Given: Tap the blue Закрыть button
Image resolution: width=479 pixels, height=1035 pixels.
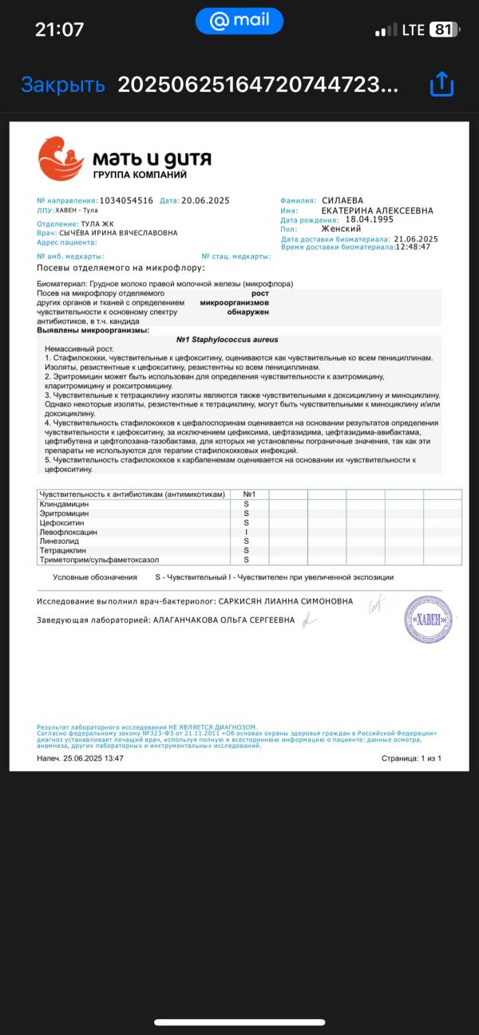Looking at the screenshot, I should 62,85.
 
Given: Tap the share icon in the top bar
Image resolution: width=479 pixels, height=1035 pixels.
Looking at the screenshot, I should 441,85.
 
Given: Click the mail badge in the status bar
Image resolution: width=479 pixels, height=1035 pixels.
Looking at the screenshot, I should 239,22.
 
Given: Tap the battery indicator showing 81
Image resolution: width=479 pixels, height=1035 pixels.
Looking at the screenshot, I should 444,30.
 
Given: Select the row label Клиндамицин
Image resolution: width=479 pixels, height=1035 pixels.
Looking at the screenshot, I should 64,505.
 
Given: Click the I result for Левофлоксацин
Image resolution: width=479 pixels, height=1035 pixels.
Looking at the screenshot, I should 246,532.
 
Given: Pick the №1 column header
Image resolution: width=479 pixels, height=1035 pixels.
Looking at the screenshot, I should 248,495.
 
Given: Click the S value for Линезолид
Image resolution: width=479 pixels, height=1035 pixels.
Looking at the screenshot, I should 246,541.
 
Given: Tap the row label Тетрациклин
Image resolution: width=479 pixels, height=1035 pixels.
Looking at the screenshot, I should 62,550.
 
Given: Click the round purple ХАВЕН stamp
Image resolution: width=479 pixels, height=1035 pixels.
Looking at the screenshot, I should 428,620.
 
